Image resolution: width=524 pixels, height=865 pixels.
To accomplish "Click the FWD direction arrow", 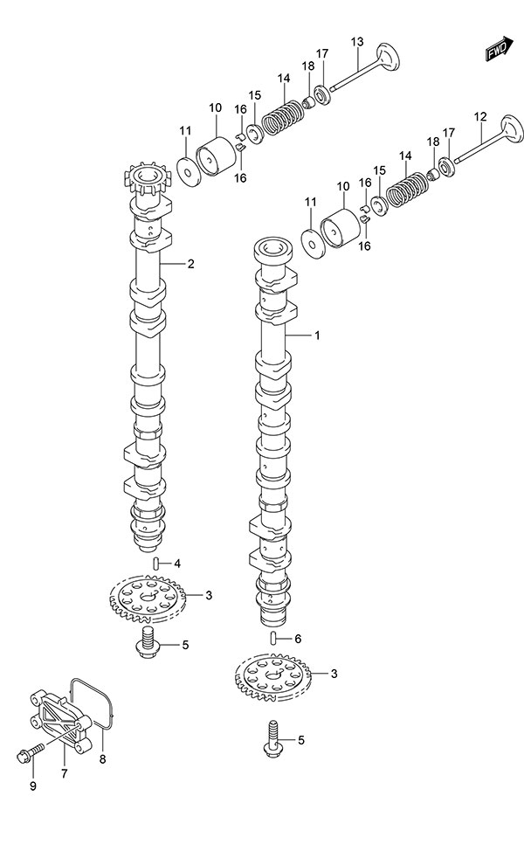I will pyautogui.click(x=499, y=51).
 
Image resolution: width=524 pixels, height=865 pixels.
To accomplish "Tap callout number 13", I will pyautogui.click(x=356, y=42).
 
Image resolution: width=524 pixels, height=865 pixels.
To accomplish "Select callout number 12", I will pyautogui.click(x=479, y=116).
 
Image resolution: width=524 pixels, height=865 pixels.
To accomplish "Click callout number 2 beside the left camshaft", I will pyautogui.click(x=190, y=265).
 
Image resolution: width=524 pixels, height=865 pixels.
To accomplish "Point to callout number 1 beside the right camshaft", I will pyautogui.click(x=318, y=335).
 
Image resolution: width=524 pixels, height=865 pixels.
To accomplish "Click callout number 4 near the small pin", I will pyautogui.click(x=176, y=563).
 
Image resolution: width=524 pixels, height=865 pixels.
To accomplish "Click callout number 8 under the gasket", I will pyautogui.click(x=102, y=758).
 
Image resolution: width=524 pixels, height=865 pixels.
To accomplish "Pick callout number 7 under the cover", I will pyautogui.click(x=64, y=773).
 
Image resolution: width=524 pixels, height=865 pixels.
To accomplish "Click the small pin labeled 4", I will pyautogui.click(x=155, y=563).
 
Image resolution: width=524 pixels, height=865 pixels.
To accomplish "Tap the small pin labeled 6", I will pyautogui.click(x=273, y=638).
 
